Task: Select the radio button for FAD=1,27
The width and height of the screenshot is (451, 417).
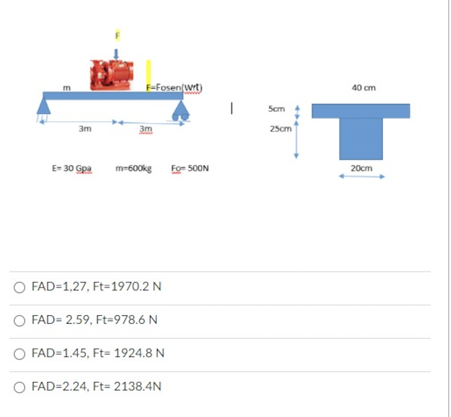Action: pyautogui.click(x=20, y=287)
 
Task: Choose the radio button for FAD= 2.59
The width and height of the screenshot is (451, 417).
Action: pyautogui.click(x=20, y=321)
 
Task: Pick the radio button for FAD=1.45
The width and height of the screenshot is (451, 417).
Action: pyautogui.click(x=20, y=354)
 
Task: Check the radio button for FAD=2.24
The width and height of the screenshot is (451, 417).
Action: pyautogui.click(x=20, y=387)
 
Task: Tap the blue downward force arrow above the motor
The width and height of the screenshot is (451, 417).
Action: pyautogui.click(x=116, y=54)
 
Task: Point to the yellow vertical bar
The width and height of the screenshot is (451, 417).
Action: pyautogui.click(x=148, y=75)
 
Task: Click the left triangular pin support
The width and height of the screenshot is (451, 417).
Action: pyautogui.click(x=43, y=107)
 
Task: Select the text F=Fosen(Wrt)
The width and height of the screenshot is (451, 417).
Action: pyautogui.click(x=174, y=87)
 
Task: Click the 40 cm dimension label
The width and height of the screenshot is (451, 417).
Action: pyautogui.click(x=363, y=88)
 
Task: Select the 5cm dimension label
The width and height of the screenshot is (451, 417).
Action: pyautogui.click(x=277, y=109)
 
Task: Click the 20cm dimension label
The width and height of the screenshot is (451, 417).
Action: pyautogui.click(x=362, y=168)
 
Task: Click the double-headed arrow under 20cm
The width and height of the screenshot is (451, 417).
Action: pyautogui.click(x=362, y=177)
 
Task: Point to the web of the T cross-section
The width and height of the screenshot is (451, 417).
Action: pyautogui.click(x=361, y=139)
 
